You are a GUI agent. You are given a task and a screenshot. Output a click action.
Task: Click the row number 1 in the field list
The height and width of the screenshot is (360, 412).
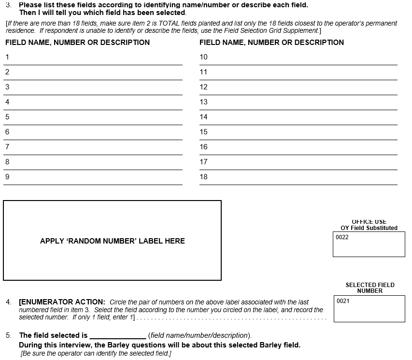(7, 57)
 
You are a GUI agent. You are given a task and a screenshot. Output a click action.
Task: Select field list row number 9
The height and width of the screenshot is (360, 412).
(7, 177)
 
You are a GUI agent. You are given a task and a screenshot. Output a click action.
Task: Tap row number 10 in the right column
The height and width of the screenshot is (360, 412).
(203, 57)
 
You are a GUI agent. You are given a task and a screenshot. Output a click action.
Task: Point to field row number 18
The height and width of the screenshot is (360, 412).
(203, 177)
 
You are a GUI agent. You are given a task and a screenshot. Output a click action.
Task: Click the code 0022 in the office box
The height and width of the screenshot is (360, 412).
(342, 237)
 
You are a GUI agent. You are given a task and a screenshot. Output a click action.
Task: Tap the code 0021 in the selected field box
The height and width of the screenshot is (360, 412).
(343, 301)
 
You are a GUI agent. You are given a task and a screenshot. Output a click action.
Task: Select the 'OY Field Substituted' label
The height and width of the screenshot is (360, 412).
(369, 228)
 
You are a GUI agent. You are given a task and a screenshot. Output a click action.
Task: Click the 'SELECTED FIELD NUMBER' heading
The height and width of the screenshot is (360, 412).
(370, 288)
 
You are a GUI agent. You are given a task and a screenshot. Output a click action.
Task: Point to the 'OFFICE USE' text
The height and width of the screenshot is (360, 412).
(369, 222)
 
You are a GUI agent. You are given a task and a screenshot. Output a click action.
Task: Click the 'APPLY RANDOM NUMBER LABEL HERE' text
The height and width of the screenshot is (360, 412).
(112, 241)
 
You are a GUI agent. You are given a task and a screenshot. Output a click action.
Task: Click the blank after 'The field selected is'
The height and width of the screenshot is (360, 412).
(118, 335)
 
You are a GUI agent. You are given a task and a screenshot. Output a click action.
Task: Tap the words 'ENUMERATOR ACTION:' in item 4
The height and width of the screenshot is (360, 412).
(62, 302)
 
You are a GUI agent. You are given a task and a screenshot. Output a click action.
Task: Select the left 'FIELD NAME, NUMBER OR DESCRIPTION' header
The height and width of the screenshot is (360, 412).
(77, 43)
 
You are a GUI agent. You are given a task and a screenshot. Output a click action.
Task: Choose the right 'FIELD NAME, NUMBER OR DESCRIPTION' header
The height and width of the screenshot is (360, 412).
(271, 43)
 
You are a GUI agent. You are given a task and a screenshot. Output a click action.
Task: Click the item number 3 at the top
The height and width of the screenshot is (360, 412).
(8, 5)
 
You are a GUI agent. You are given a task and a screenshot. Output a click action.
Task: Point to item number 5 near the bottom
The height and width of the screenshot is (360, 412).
(8, 335)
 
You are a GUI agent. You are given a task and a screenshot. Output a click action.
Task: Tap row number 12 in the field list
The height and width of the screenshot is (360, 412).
(203, 87)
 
